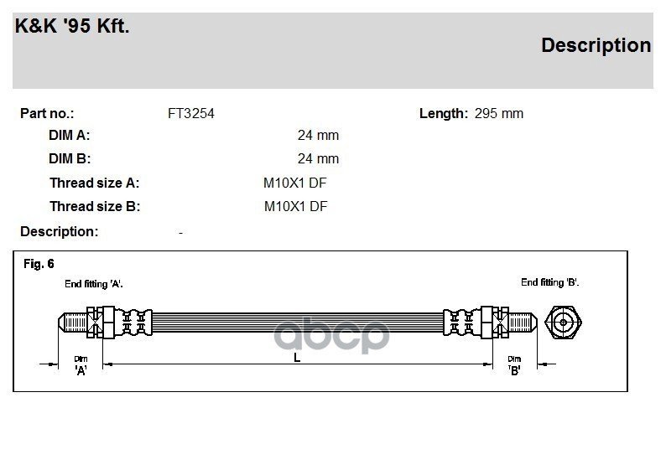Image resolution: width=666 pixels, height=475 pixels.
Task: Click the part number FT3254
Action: (x=191, y=114)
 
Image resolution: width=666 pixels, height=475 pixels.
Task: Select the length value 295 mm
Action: (x=498, y=114)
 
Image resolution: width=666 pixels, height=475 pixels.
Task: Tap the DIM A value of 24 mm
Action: (x=318, y=135)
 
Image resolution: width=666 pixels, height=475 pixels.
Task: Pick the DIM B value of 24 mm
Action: (x=318, y=158)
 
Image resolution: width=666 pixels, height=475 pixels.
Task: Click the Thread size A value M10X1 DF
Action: (x=294, y=183)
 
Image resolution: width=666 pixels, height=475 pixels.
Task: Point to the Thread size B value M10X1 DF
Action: (x=295, y=207)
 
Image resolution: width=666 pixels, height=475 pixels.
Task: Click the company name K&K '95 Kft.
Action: (x=72, y=26)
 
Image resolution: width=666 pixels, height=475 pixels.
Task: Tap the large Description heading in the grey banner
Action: (x=596, y=45)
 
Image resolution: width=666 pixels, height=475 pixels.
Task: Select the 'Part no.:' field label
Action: (x=47, y=114)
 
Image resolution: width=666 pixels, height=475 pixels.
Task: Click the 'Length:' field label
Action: (x=444, y=114)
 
